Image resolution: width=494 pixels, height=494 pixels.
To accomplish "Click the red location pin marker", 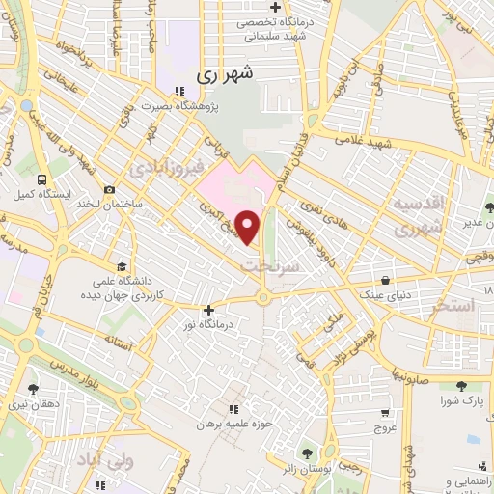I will point(248,226).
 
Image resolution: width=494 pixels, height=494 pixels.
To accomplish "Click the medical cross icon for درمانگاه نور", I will point(208,310).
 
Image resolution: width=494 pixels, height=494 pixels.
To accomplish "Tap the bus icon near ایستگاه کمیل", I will point(41,178).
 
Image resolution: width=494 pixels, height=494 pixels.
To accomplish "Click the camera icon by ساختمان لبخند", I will point(109,191).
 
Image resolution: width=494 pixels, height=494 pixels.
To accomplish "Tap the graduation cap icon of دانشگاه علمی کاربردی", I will point(122,267).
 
